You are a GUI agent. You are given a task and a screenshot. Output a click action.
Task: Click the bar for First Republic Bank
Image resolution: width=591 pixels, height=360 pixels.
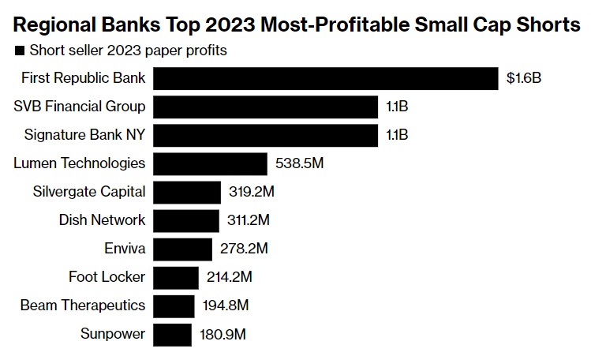tap(326, 78)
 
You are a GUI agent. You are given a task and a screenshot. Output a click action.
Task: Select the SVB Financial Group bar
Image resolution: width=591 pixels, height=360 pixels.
tap(266, 107)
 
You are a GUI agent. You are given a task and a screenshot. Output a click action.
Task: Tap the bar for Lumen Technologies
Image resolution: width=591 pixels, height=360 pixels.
tap(210, 163)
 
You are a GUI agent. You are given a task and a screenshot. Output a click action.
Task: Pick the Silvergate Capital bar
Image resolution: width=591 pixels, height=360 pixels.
tap(187, 192)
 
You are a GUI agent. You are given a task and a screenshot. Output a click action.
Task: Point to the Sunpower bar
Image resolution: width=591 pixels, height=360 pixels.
tap(172, 334)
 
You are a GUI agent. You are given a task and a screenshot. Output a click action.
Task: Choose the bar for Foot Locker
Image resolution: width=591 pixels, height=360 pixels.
tap(176, 277)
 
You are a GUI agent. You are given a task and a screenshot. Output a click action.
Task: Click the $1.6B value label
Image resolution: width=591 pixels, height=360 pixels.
tap(524, 78)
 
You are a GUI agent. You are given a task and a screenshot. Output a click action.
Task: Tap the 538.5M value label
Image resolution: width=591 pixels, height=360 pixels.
tap(301, 163)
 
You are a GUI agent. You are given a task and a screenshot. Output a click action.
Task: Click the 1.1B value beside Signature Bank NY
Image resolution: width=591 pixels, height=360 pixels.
tap(397, 135)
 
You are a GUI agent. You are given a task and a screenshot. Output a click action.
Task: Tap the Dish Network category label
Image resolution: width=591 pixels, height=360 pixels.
tap(103, 220)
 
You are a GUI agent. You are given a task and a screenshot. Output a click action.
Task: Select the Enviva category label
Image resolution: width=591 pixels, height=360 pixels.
tap(125, 249)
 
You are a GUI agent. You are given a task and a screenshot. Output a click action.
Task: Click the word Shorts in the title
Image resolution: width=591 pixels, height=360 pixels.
tap(546, 24)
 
